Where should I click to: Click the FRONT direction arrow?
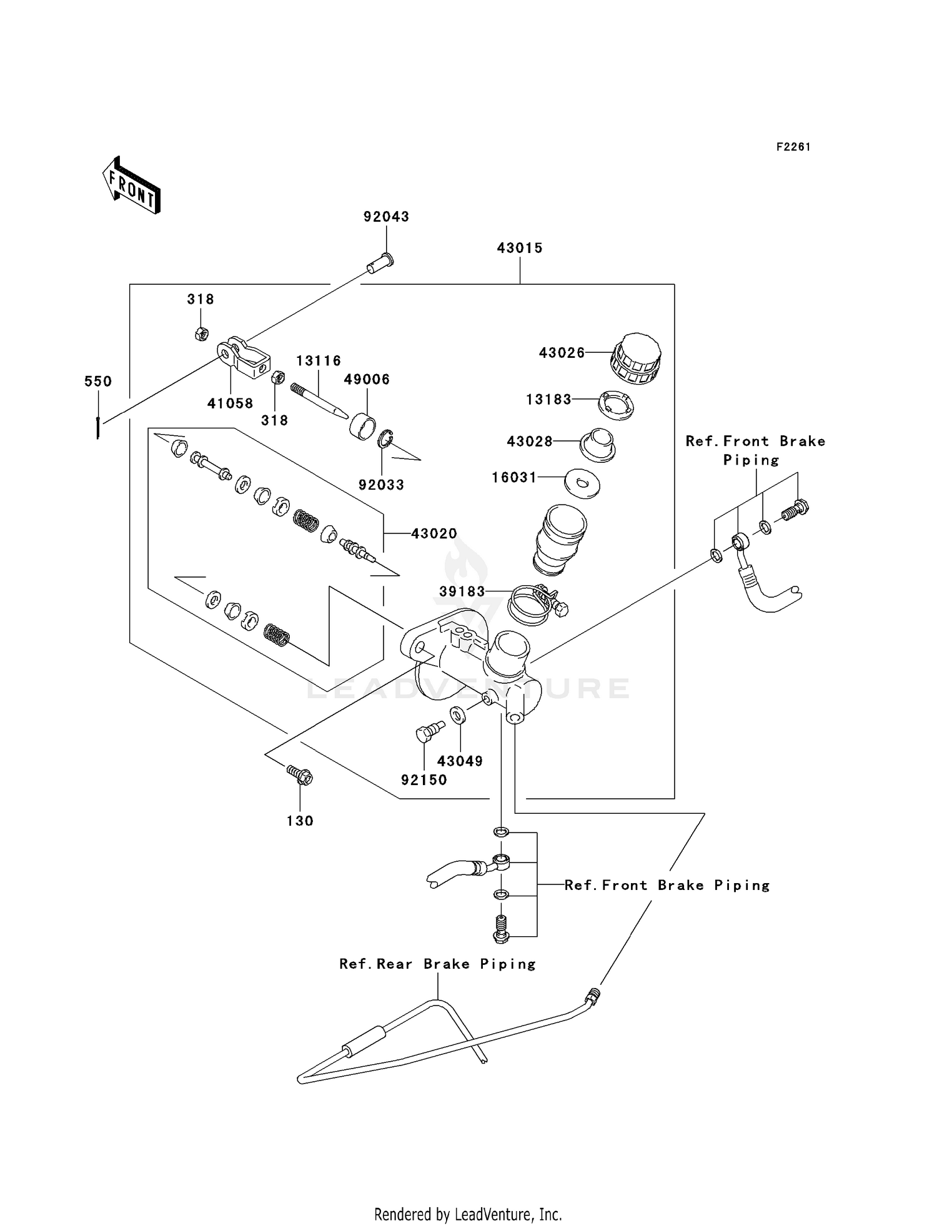click(x=131, y=185)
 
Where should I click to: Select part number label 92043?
click(x=387, y=217)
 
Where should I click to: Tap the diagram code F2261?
click(x=793, y=147)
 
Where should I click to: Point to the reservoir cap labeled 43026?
click(x=635, y=358)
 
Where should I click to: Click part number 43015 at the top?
click(x=520, y=248)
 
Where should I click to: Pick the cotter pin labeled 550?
click(x=98, y=427)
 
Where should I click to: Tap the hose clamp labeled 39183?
click(x=537, y=603)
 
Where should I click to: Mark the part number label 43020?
click(x=434, y=534)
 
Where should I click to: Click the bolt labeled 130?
click(x=300, y=775)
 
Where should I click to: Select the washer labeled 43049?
click(x=457, y=714)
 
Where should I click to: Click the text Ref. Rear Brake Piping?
click(x=438, y=964)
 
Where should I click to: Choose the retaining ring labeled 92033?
click(x=385, y=439)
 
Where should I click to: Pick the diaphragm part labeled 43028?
click(x=598, y=445)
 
